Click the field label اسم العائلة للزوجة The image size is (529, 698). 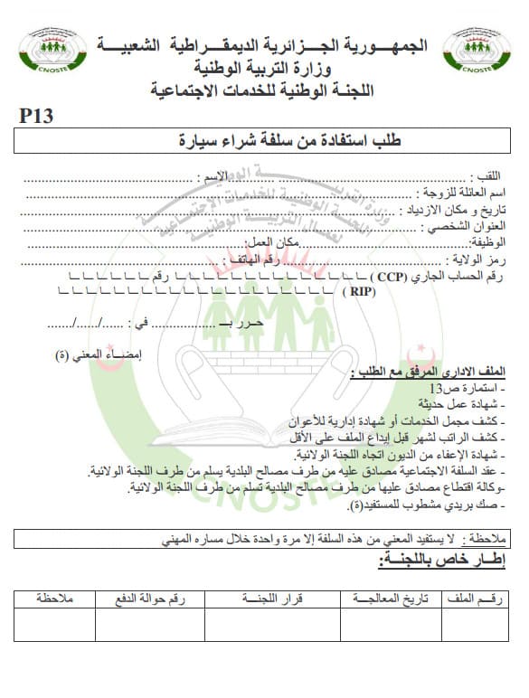pyautogui.click(x=462, y=193)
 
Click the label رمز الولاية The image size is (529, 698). pyautogui.click(x=477, y=259)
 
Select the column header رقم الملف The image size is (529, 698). pyautogui.click(x=481, y=599)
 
